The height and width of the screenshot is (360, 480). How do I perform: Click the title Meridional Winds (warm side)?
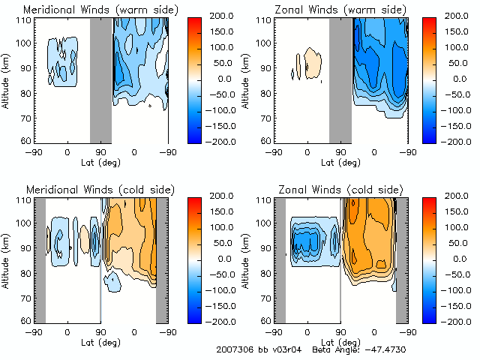[x=100, y=10]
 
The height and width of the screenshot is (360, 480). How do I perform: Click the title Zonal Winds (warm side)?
[x=340, y=10]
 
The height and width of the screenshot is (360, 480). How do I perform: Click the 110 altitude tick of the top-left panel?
[x=25, y=20]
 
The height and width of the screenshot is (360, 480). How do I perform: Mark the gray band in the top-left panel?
[x=100, y=79]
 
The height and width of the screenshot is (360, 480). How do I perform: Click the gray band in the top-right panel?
[x=340, y=79]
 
